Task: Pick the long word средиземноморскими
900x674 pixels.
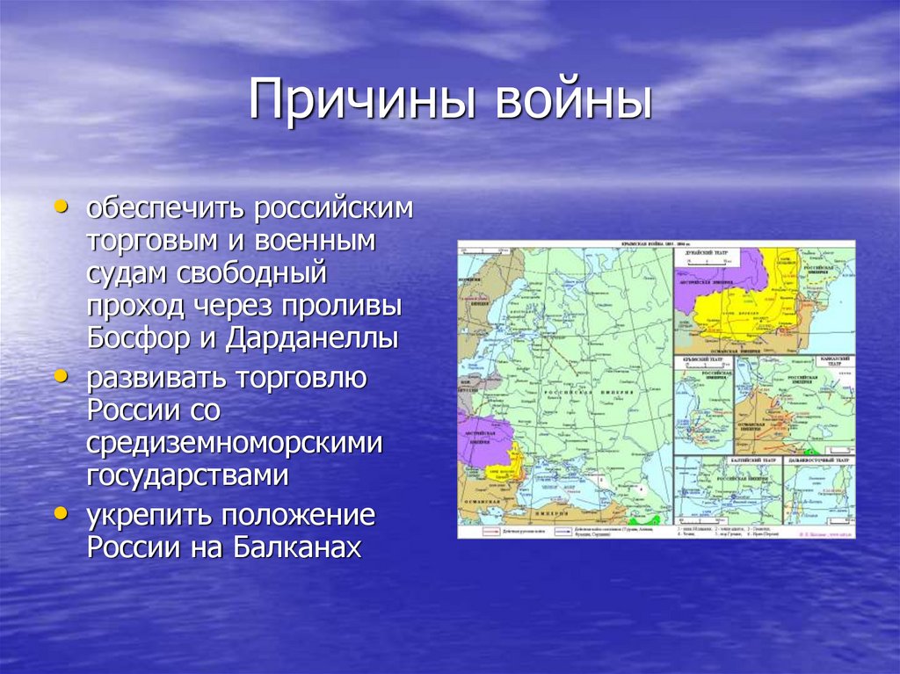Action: [x=235, y=442]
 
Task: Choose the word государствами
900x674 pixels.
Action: [x=187, y=475]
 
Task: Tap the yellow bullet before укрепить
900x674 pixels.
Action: [x=61, y=513]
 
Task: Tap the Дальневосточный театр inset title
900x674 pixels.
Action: [x=818, y=460]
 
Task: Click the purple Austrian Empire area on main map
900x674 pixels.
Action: [x=482, y=439]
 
